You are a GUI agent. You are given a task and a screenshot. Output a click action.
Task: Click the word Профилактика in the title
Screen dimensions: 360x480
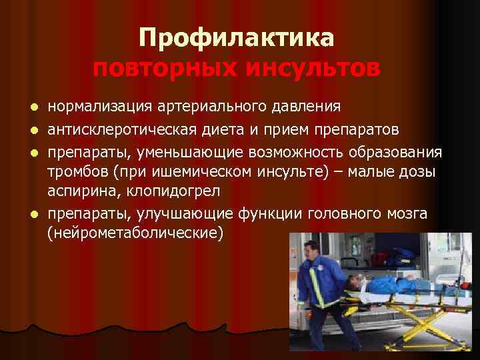click(x=236, y=39)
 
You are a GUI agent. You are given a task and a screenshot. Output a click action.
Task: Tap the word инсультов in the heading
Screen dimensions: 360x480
click(x=312, y=69)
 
